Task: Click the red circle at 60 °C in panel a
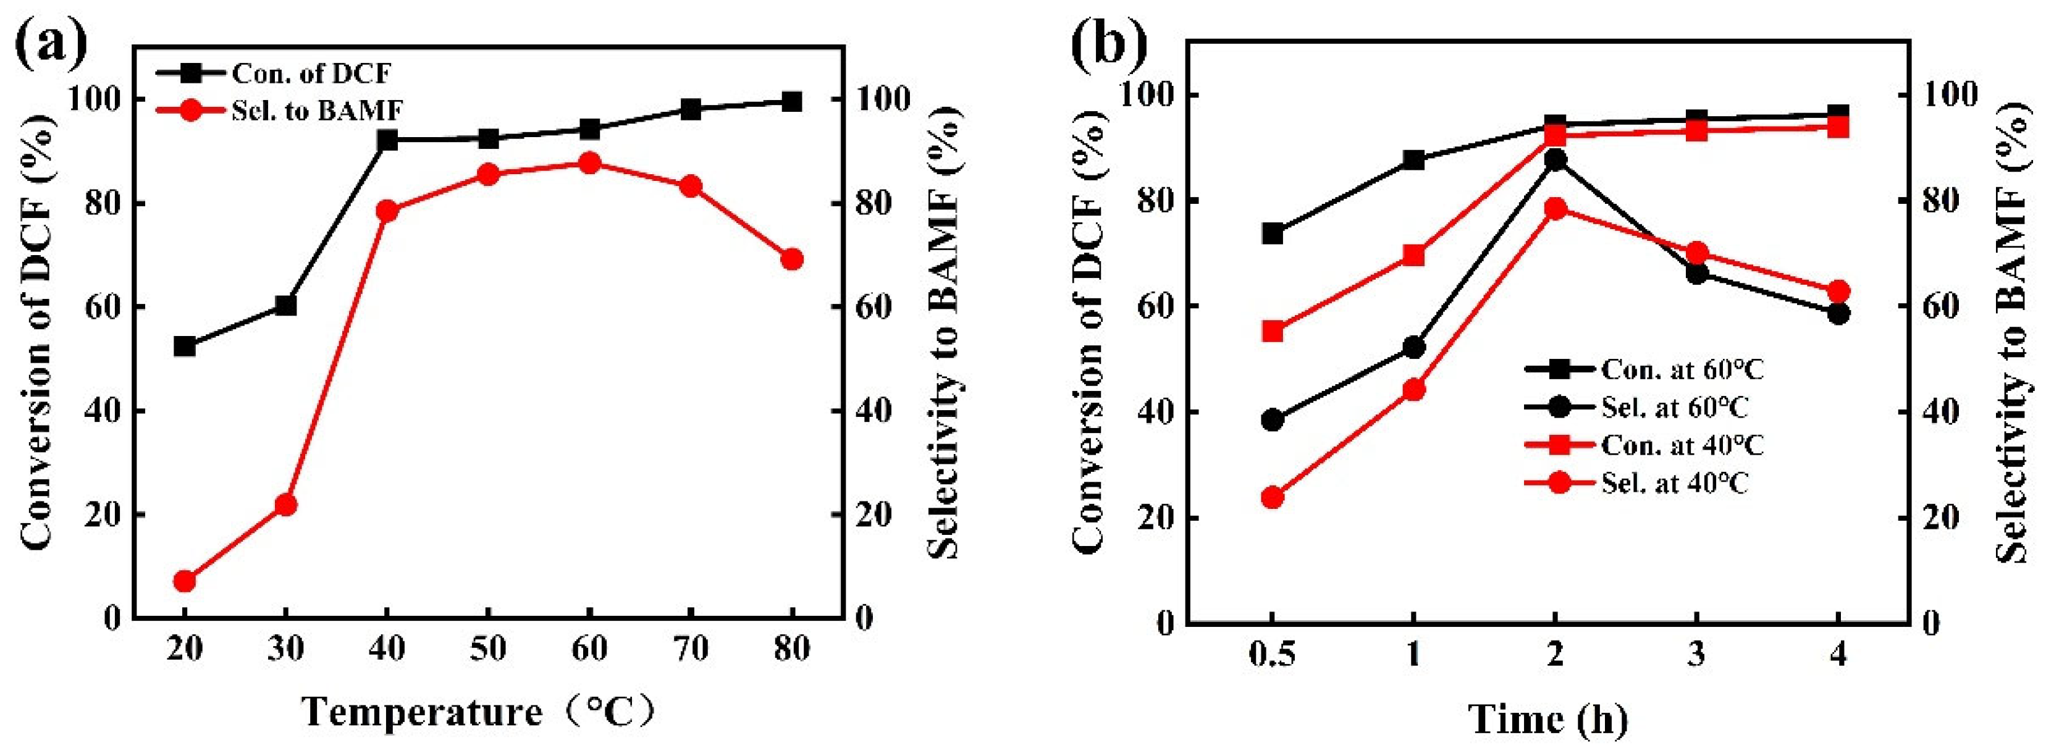(589, 164)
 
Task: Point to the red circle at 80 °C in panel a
(792, 259)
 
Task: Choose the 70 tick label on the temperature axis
(690, 650)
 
